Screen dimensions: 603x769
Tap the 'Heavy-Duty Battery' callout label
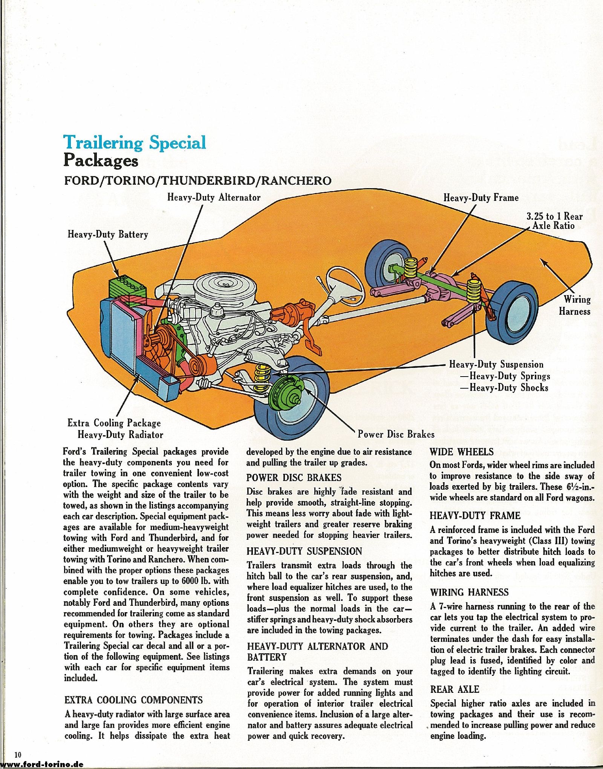(108, 234)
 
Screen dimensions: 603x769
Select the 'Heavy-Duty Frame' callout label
(481, 198)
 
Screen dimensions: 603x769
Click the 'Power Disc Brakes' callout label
(396, 434)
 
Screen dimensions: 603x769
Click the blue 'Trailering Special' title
(135, 142)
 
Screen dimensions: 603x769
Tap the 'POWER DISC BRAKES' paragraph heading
(294, 478)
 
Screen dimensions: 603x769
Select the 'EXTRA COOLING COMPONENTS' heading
(134, 700)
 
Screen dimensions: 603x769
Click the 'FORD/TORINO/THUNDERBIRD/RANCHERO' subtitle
(198, 181)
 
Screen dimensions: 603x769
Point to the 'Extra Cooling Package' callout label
(114, 423)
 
